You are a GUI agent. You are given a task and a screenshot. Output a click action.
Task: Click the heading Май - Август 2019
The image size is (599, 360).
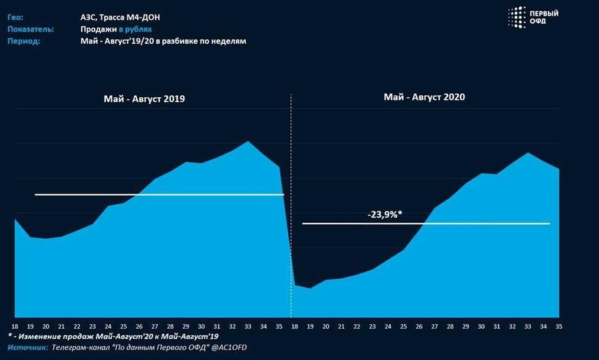click(144, 98)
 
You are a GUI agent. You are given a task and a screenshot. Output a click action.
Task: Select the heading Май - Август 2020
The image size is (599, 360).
click(424, 97)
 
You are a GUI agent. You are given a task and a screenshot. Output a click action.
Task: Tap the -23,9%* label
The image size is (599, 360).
click(385, 214)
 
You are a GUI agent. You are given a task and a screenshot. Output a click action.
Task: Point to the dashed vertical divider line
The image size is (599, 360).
click(292, 200)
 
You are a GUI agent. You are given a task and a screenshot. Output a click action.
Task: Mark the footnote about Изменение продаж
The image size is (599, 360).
click(113, 337)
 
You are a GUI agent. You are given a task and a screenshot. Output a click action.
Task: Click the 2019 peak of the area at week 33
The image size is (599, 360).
click(248, 142)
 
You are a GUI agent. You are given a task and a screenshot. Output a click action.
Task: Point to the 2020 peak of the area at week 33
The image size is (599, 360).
click(528, 153)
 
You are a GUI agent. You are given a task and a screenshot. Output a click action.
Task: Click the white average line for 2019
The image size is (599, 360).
click(160, 194)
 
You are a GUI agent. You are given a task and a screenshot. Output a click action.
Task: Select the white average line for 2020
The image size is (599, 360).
click(426, 224)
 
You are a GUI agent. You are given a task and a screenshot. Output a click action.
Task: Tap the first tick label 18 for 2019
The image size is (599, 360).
click(14, 327)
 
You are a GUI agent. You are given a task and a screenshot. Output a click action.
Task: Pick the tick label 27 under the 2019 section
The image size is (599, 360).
click(154, 327)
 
